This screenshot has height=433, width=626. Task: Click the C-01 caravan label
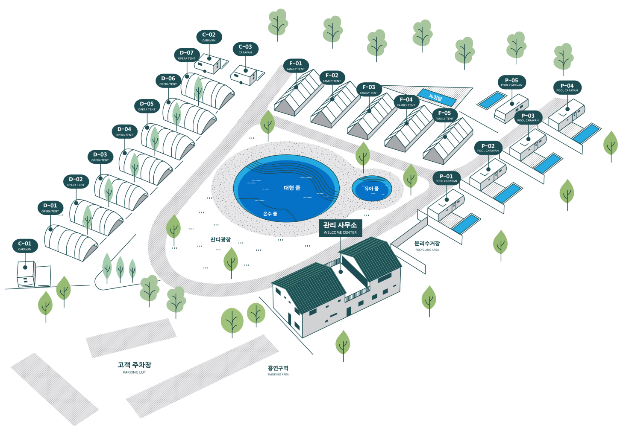[25, 246]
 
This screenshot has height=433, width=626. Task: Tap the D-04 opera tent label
[124, 131]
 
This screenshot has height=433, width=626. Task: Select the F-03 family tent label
[369, 89]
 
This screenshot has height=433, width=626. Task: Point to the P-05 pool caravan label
[511, 82]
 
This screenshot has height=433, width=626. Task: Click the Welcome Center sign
[340, 228]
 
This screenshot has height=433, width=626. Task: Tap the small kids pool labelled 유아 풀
[371, 188]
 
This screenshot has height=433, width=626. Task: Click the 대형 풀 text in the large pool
[292, 188]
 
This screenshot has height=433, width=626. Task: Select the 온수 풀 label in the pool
[270, 214]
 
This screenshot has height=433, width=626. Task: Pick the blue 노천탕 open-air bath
[436, 98]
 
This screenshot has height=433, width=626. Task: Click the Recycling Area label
[427, 246]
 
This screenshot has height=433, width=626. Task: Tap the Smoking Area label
[278, 370]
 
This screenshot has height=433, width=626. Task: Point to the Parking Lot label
[134, 367]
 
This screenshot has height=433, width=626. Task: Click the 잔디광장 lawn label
[220, 240]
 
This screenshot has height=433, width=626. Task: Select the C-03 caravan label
[245, 49]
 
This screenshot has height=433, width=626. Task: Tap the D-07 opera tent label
[187, 55]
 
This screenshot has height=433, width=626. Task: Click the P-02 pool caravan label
[488, 148]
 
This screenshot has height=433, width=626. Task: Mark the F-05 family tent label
[444, 115]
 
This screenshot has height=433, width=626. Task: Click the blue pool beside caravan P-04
[586, 133]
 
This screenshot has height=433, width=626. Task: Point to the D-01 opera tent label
[50, 208]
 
